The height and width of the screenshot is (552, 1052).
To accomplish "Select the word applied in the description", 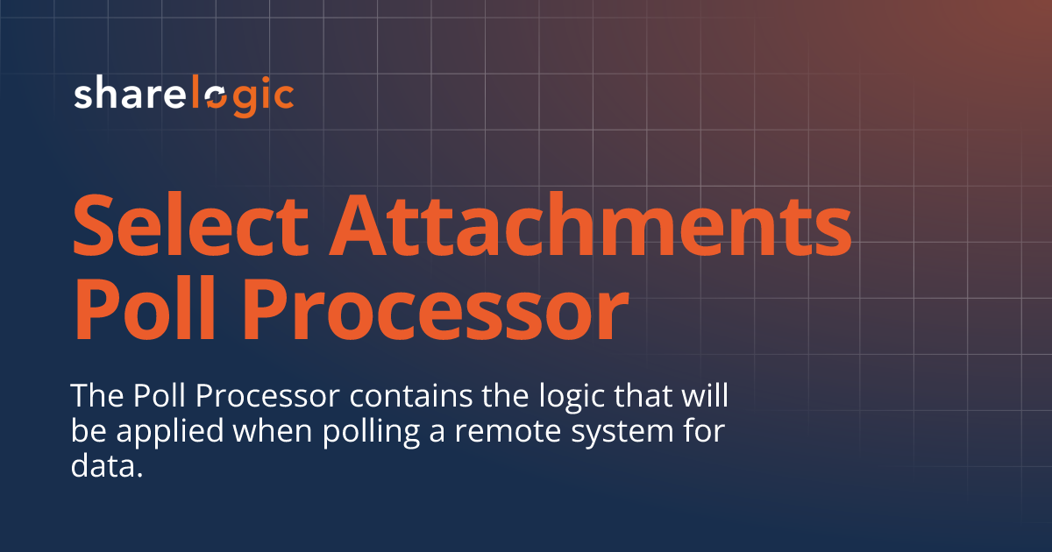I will click(x=170, y=434).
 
